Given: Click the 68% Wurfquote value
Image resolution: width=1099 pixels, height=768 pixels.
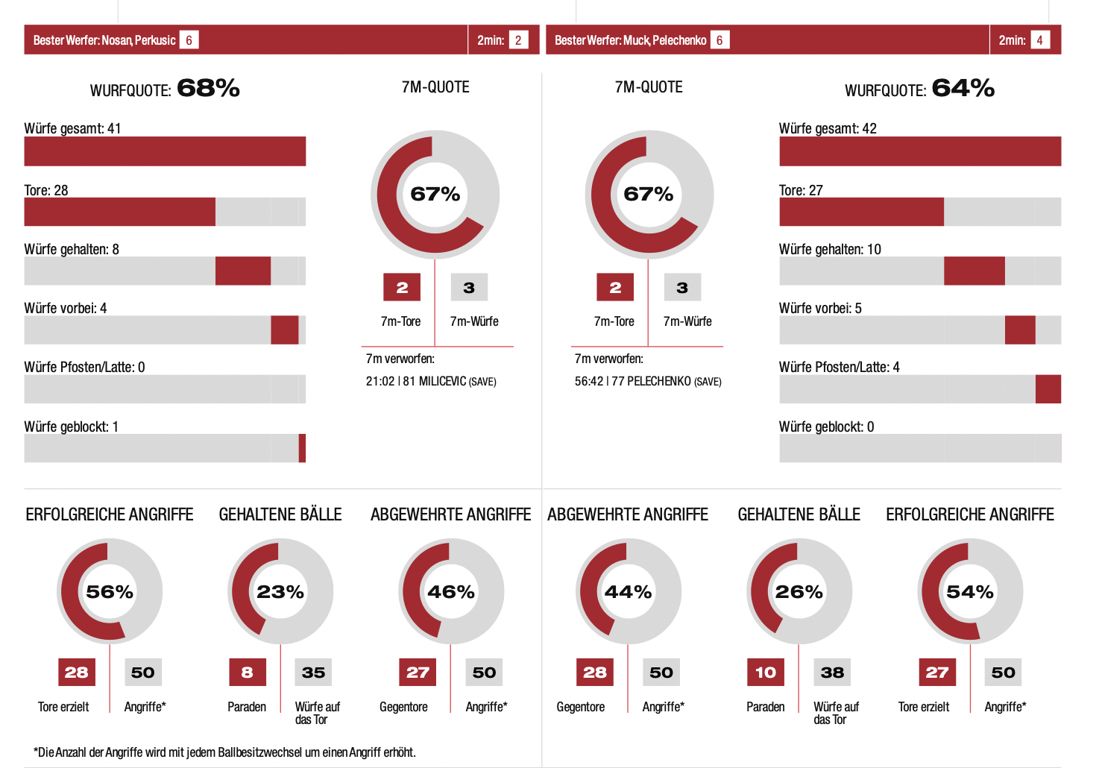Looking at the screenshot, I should [208, 89].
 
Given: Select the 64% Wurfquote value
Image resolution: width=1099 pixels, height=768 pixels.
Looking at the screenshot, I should [963, 89].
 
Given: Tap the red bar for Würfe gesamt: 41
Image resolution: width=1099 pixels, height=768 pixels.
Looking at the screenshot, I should [165, 151].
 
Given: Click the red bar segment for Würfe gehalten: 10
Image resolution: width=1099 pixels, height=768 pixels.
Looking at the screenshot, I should [974, 271].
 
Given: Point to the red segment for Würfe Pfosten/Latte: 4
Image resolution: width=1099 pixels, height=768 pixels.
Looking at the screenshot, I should [1048, 389].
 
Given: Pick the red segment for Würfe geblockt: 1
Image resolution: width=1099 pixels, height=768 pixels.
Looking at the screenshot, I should [302, 448].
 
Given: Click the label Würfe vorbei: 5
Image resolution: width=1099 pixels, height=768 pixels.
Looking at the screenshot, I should [820, 308].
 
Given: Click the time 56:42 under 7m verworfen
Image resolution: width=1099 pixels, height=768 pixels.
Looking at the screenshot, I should [588, 382].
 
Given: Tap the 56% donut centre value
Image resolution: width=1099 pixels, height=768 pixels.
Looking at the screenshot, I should [110, 592].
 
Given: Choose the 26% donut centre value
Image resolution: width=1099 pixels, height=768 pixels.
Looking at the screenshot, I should [799, 592].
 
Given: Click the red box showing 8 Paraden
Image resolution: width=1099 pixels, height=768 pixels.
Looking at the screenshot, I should [248, 673].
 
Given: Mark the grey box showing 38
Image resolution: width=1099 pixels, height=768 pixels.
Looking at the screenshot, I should [832, 673].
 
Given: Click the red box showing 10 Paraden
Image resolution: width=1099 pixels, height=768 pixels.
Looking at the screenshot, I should [766, 673].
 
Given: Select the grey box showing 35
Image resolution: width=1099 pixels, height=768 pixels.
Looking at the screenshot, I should [313, 673].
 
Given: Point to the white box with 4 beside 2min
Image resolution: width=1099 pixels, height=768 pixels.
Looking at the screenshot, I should [1039, 40].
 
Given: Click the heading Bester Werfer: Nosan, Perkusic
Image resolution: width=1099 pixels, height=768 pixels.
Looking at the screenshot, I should [104, 40].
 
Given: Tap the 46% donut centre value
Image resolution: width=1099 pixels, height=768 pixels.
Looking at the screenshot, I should [451, 592].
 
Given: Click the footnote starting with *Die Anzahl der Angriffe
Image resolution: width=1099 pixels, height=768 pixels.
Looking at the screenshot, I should [224, 752].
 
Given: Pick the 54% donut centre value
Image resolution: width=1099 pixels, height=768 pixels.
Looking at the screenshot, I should [969, 592].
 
